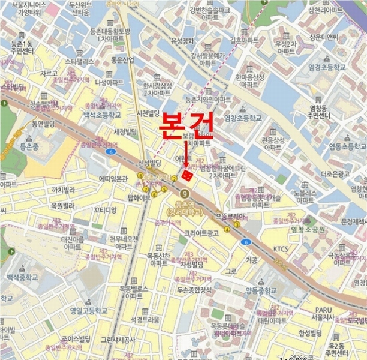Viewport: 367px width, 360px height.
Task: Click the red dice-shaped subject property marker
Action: click(x=188, y=175)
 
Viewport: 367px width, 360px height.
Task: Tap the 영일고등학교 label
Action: click(x=88, y=311)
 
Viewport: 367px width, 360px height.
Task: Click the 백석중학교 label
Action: click(x=22, y=277)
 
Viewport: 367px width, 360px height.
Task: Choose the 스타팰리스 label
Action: click(x=79, y=61)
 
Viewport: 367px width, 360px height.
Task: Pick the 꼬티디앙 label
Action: click(x=105, y=209)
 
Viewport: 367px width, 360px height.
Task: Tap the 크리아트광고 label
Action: click(x=201, y=233)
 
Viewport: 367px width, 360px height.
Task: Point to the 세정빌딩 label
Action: click(x=125, y=131)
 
